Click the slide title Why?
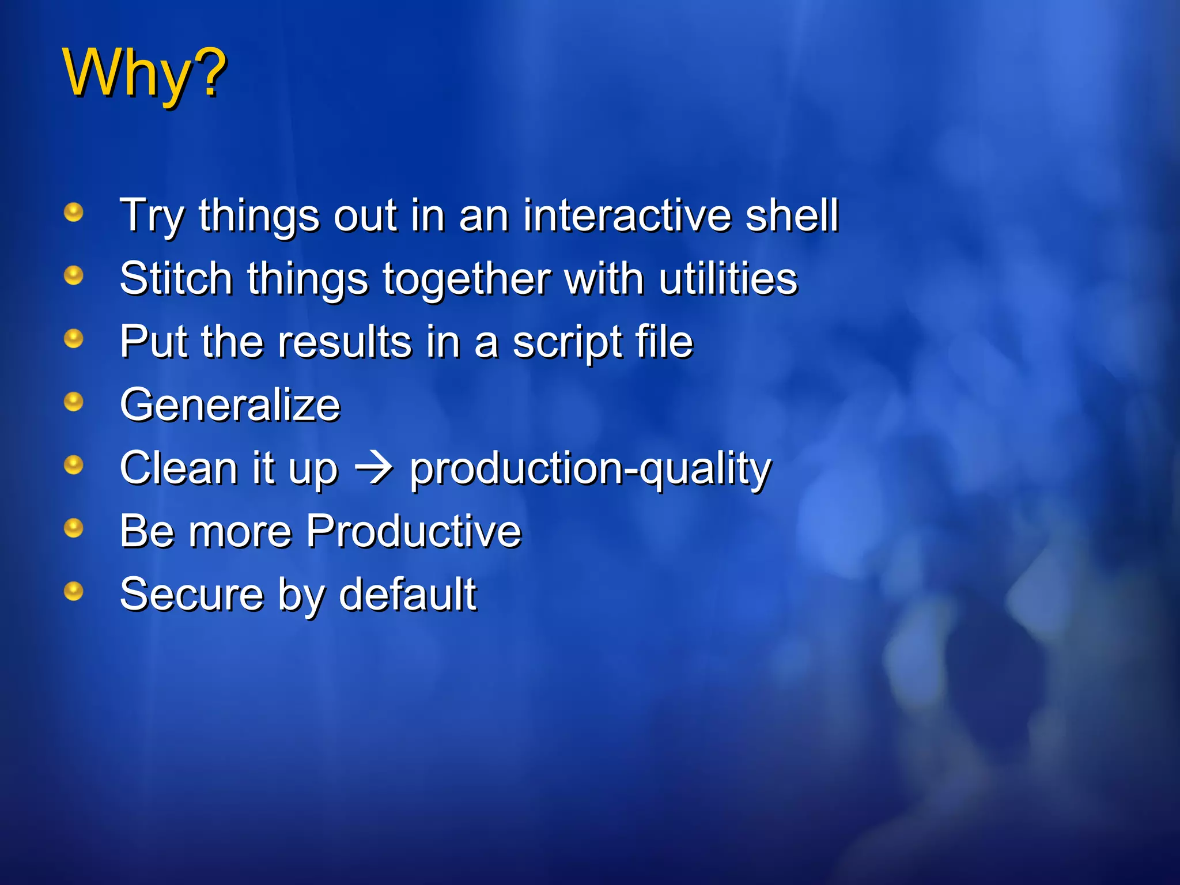(144, 74)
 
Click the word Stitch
(176, 278)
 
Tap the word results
(345, 342)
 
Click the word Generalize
(230, 405)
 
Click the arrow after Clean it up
(373, 468)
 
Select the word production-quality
(590, 470)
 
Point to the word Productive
(414, 531)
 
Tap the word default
(407, 594)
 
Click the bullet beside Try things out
(73, 212)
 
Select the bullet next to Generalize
(73, 402)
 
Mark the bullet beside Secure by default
(73, 591)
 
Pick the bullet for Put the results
(73, 338)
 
